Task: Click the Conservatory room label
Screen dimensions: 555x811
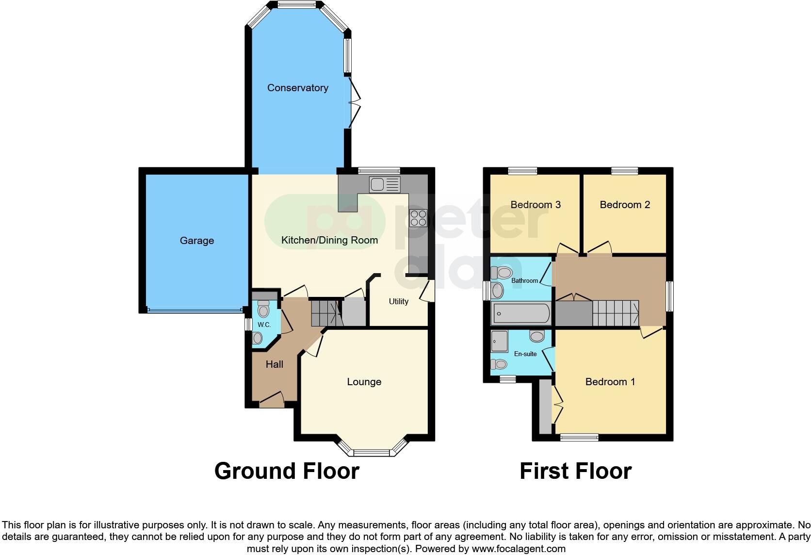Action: click(x=297, y=88)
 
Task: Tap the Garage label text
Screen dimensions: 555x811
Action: click(x=196, y=241)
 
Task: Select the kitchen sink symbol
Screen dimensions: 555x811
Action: click(x=384, y=184)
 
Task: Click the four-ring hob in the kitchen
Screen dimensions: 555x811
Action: click(x=418, y=218)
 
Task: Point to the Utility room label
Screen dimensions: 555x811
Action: click(x=398, y=302)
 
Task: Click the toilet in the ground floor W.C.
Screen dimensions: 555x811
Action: click(x=263, y=309)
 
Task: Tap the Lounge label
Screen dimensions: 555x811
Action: click(x=364, y=382)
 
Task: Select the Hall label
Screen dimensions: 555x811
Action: click(x=274, y=364)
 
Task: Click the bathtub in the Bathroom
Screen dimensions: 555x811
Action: click(x=521, y=313)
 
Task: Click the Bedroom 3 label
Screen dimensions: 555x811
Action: click(x=535, y=205)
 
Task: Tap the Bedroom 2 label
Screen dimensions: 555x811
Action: click(x=625, y=205)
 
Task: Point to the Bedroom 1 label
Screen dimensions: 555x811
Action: click(x=610, y=382)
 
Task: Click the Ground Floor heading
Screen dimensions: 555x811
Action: click(x=287, y=471)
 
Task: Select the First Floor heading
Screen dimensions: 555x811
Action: click(x=575, y=471)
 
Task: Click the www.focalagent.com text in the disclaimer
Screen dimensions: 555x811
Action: click(x=518, y=549)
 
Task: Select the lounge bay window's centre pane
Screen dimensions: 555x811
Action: click(x=371, y=453)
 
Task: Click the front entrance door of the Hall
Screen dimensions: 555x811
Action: click(x=271, y=401)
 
